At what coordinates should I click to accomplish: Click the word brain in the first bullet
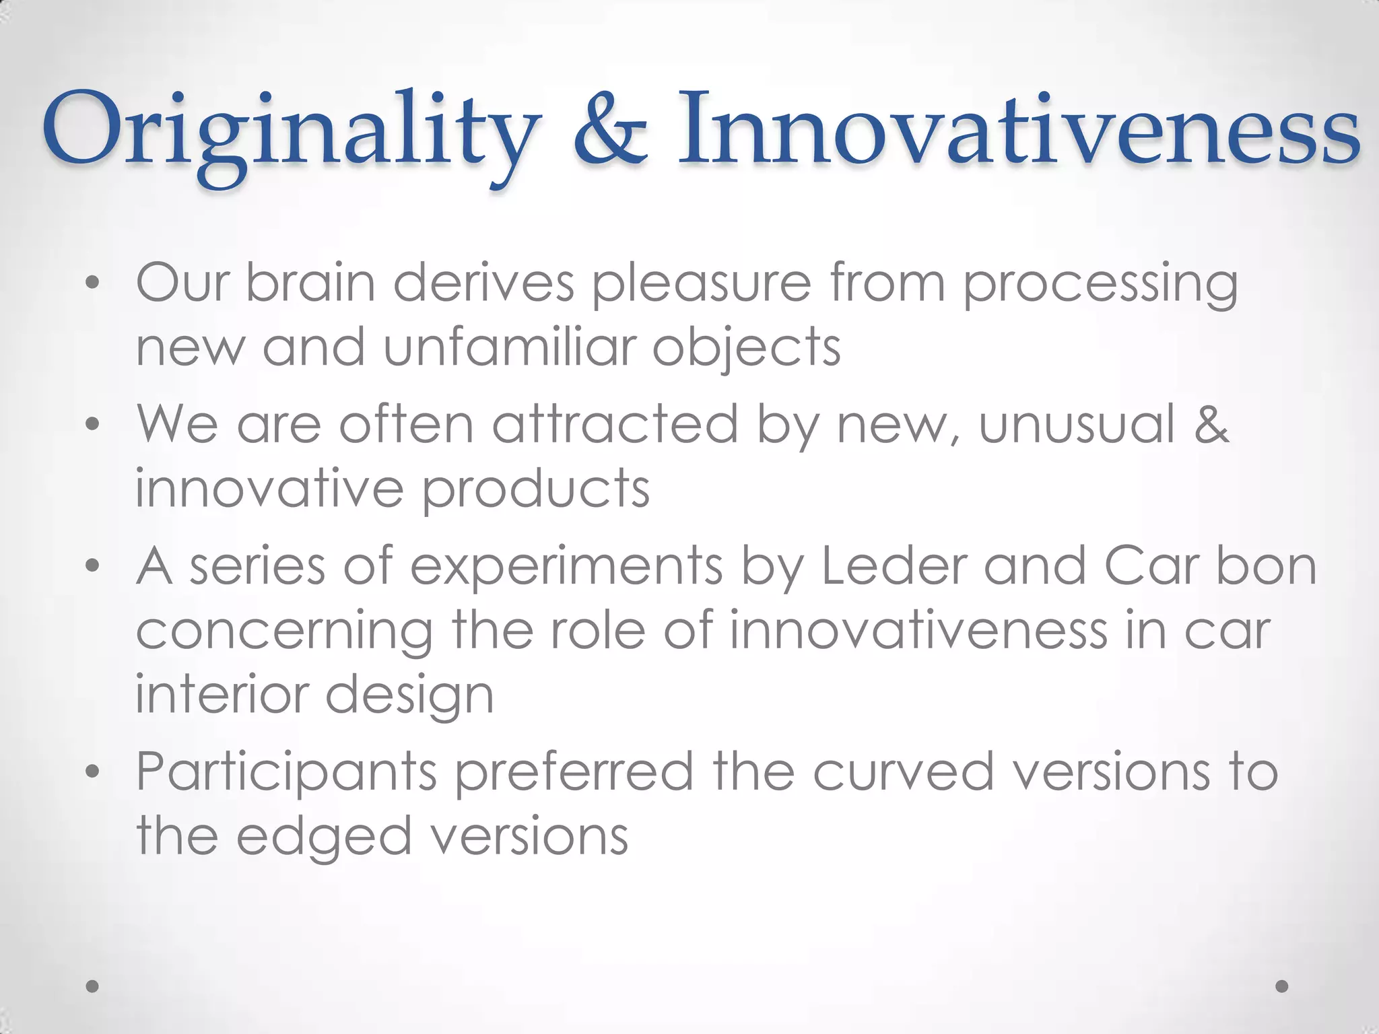pos(310,283)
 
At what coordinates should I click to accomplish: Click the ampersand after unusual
pos(1212,424)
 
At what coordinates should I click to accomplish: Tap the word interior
pos(222,695)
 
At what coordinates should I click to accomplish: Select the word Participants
pos(287,773)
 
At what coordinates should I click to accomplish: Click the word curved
pos(903,771)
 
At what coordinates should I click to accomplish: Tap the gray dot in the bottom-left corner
pos(93,986)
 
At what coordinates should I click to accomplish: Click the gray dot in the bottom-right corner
pos(1282,986)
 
